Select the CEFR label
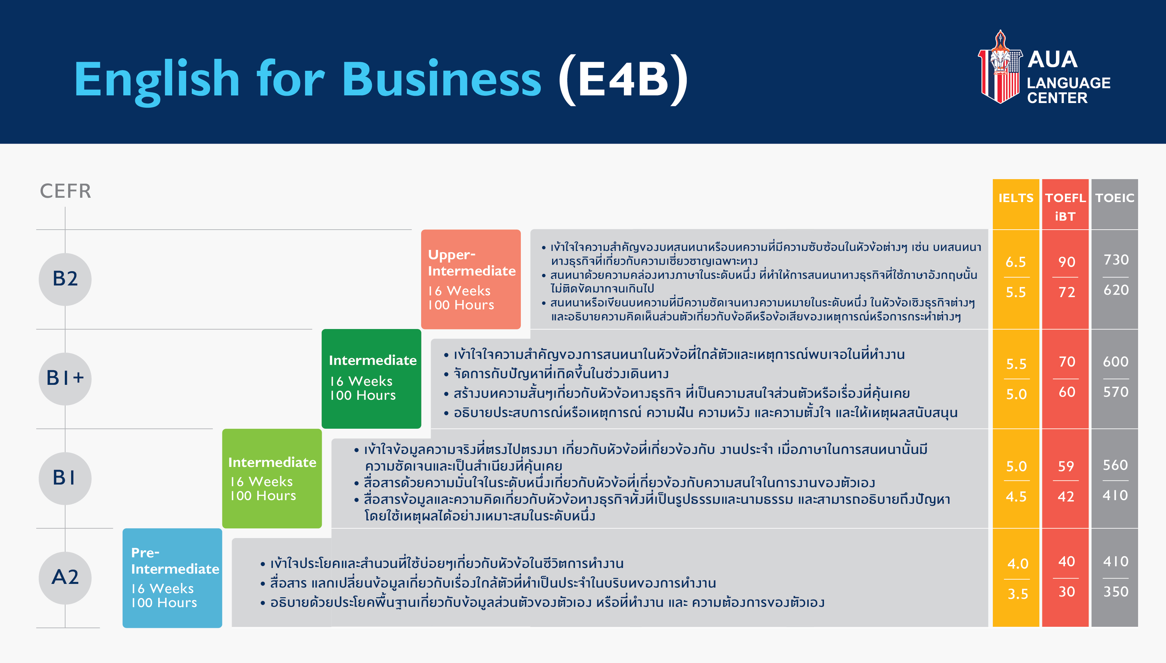(x=65, y=191)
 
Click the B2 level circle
(x=65, y=279)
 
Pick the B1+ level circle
(x=65, y=379)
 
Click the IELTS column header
(x=1016, y=198)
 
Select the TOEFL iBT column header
(x=1065, y=207)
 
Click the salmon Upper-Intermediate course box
(x=471, y=279)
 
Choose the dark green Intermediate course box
(x=372, y=379)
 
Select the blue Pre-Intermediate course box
(x=172, y=578)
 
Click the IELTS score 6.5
(x=1016, y=262)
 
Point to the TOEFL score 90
(x=1067, y=262)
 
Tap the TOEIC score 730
(x=1116, y=260)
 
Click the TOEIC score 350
(x=1116, y=592)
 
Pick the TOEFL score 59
(x=1066, y=466)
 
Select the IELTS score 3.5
(x=1017, y=594)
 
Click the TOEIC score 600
(x=1115, y=362)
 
